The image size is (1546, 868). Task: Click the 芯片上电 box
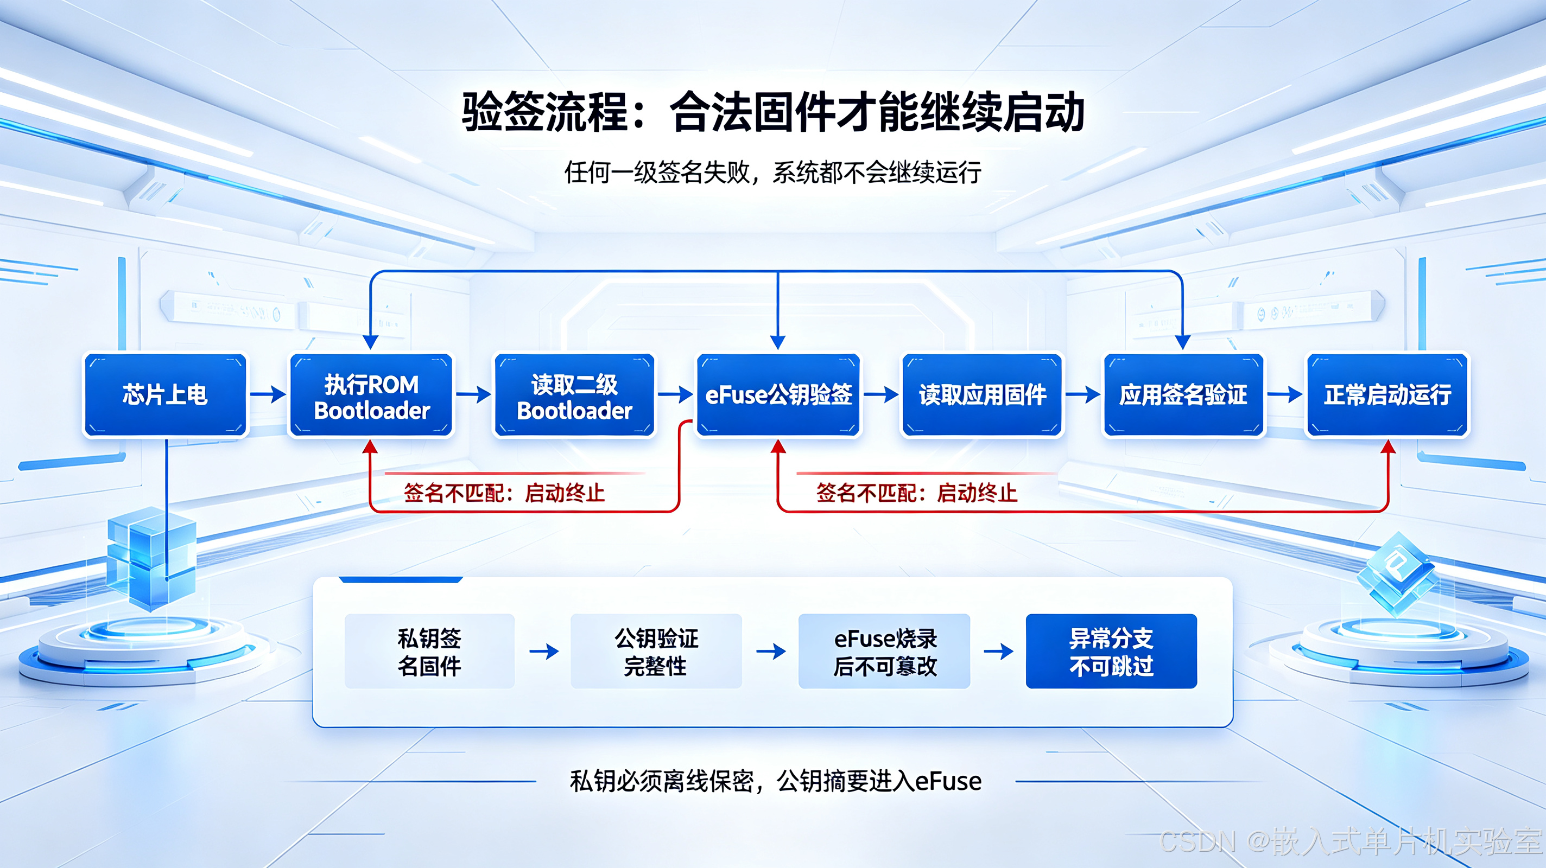[165, 395]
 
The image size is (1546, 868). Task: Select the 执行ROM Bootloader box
[371, 395]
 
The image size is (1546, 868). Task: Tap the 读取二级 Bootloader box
[574, 395]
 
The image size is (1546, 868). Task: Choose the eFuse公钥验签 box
[778, 395]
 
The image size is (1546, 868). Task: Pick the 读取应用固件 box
[983, 395]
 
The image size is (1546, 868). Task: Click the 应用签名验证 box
[1183, 395]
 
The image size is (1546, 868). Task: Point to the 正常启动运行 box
[1387, 395]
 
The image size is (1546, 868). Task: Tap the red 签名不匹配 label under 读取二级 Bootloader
[504, 493]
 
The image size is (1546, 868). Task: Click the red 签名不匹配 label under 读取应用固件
[916, 493]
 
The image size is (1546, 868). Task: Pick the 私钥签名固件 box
[430, 652]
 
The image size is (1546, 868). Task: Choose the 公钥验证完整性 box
[656, 652]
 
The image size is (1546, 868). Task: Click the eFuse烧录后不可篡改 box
[884, 652]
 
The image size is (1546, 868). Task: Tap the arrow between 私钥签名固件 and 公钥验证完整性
[544, 652]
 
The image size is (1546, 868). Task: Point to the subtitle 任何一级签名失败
[657, 173]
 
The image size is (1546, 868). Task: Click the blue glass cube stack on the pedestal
[151, 558]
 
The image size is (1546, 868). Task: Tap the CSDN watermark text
[1351, 841]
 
